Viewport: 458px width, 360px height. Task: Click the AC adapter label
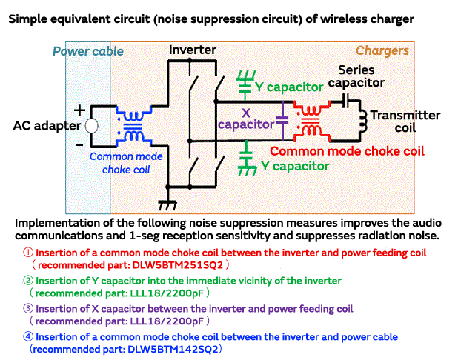(x=47, y=126)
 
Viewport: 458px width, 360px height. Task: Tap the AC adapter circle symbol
(x=90, y=126)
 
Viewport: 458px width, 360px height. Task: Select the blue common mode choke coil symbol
(x=133, y=127)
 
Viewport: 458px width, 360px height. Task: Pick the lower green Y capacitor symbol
(x=245, y=163)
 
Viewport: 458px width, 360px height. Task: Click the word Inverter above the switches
(x=193, y=50)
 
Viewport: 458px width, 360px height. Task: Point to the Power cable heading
(x=88, y=51)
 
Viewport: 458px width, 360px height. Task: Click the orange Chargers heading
(x=382, y=50)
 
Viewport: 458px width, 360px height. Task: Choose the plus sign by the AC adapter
(x=79, y=107)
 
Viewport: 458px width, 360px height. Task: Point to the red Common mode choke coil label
(x=347, y=150)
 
